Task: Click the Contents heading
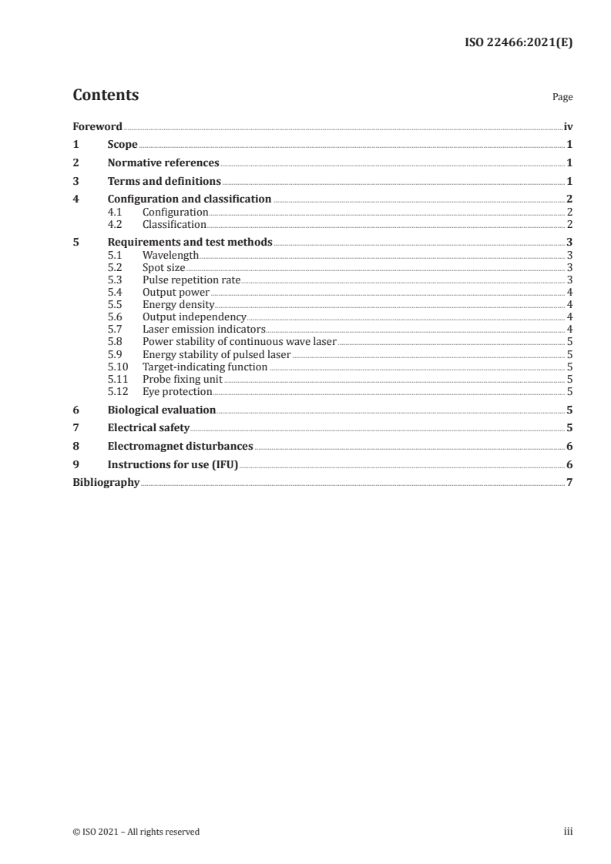tap(106, 95)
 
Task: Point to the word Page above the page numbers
tap(562, 98)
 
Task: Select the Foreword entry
tap(97, 126)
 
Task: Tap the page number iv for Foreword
tap(568, 126)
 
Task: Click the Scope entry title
tap(123, 145)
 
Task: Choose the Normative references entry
tap(163, 163)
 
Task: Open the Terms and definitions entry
tap(164, 182)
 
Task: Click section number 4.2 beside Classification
tap(116, 225)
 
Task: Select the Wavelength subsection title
tap(170, 254)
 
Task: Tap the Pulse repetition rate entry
tap(192, 280)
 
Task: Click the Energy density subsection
tap(178, 305)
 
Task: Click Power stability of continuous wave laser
tap(239, 342)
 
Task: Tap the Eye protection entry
tap(177, 392)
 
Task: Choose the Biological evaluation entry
tap(161, 410)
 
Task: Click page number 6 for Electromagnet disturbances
tap(569, 446)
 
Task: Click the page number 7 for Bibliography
tap(569, 483)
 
